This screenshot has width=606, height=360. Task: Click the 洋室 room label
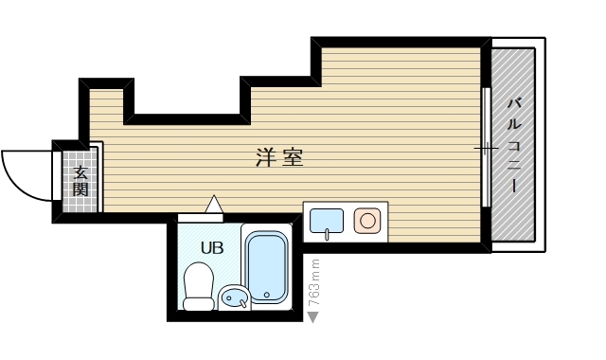(279, 157)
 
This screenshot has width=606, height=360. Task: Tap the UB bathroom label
(212, 247)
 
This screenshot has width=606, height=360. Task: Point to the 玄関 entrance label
(80, 181)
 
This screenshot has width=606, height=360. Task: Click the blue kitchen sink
(327, 221)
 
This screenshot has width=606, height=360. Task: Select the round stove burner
(366, 221)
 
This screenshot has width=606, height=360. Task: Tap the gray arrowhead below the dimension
(313, 316)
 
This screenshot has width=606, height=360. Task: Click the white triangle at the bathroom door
(213, 203)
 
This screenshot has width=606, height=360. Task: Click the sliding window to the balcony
(486, 147)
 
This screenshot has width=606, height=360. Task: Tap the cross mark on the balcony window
(486, 149)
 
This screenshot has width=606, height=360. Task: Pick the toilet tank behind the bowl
(198, 304)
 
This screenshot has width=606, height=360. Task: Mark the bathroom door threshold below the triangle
(201, 217)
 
